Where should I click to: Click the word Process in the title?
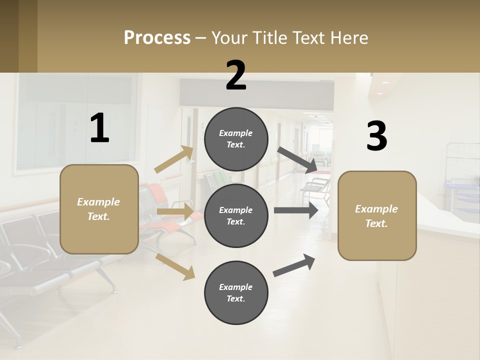tap(157, 38)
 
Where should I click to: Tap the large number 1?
tap(99, 128)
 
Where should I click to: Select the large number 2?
tap(236, 75)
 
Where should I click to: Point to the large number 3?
tap(376, 136)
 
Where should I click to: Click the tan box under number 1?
tap(99, 209)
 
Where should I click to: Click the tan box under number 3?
tap(377, 216)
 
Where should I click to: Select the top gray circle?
tap(236, 139)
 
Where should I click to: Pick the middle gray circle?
tap(236, 215)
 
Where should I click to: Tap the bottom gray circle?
tap(236, 292)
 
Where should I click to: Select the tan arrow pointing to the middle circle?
tap(175, 212)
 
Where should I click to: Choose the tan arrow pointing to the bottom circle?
tap(175, 266)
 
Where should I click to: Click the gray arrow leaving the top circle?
tap(297, 159)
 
